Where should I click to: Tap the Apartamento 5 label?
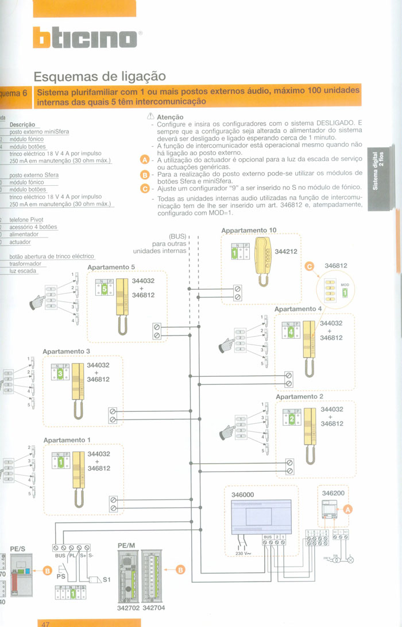(111, 267)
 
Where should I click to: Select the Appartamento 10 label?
(249, 230)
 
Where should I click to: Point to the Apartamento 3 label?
(67, 351)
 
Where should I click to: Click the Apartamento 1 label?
(67, 440)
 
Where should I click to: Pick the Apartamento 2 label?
(300, 396)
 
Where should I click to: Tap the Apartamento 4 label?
(299, 309)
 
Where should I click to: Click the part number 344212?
(287, 251)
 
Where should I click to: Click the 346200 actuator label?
(333, 494)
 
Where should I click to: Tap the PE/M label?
(126, 544)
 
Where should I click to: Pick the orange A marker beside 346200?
(347, 509)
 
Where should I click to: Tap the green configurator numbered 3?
(60, 374)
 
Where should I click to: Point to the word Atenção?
(170, 117)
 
